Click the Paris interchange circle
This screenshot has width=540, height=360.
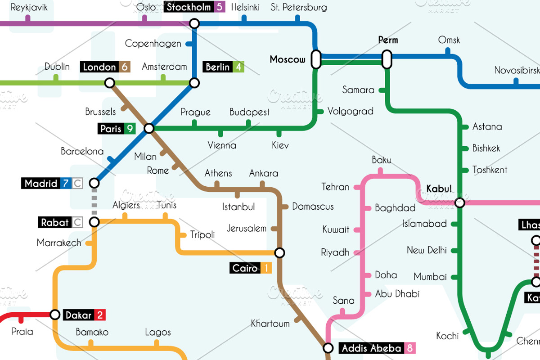(x=149, y=129)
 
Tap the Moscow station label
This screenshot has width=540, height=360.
(x=287, y=59)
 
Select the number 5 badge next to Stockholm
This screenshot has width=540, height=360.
(x=219, y=7)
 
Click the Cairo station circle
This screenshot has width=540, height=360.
(x=280, y=253)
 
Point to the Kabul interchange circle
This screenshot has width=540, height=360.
(x=459, y=203)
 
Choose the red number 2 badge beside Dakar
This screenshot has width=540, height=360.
(x=99, y=315)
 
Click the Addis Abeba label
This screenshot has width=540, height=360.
(x=371, y=348)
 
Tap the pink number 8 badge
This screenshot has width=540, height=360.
(x=409, y=348)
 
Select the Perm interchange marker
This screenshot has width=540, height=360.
(x=387, y=59)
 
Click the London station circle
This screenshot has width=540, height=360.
(x=109, y=83)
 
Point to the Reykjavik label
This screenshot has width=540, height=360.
(x=29, y=7)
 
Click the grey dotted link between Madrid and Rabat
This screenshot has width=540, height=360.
(x=94, y=202)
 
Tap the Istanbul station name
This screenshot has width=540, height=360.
(x=238, y=207)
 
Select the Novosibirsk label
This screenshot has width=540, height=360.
(x=517, y=71)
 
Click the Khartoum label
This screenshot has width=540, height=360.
(x=270, y=324)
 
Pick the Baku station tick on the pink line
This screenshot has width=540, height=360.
(x=381, y=171)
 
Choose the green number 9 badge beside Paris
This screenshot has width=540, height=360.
(x=130, y=129)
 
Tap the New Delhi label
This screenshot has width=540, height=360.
(x=427, y=250)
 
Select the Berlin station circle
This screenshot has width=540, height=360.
(x=194, y=83)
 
